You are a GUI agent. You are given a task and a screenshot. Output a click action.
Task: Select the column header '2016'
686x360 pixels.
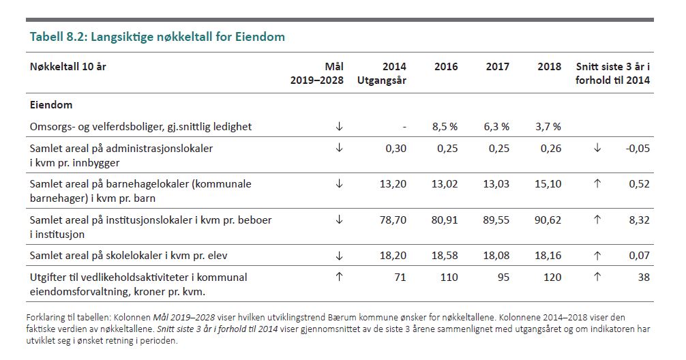[446, 67]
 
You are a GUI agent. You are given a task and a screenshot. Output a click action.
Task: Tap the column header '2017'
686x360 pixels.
[497, 67]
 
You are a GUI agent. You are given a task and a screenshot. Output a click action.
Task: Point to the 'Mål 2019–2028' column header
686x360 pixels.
[318, 73]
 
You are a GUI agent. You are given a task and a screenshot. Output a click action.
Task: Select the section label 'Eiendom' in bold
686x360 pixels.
[51, 106]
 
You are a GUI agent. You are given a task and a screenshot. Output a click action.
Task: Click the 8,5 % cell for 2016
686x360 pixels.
[445, 126]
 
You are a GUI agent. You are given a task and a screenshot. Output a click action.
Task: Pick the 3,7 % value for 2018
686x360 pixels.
[548, 126]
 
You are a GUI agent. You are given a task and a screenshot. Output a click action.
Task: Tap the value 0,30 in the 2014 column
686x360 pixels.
[396, 149]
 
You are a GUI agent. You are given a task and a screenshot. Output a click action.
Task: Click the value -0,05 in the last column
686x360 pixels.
[638, 149]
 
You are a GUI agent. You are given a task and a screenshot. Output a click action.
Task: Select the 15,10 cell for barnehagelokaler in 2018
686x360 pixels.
[549, 184]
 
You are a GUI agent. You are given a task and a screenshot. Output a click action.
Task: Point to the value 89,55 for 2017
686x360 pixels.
[497, 220]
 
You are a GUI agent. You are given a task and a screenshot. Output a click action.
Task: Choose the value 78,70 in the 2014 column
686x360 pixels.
[393, 220]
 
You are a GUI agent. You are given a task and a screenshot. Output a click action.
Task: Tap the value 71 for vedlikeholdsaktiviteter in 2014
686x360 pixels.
[400, 277]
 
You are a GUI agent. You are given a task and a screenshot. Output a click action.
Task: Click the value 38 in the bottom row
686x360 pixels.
[644, 277]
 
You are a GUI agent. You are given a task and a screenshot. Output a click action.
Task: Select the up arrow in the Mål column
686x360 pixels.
[339, 277]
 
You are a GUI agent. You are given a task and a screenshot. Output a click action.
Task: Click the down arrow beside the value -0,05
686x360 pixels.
[597, 149]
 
